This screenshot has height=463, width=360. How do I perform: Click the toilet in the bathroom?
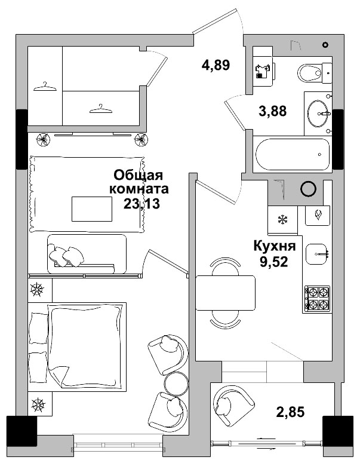coord(315,73)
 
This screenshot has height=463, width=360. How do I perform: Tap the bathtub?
coord(293,155)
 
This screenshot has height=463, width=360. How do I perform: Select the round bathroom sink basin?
coord(318,113)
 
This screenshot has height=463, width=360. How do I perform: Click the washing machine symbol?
coord(262,72)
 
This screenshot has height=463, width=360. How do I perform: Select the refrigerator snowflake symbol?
coord(283,220)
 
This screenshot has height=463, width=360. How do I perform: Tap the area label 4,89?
coord(216,65)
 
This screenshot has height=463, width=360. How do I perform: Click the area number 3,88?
coord(273,111)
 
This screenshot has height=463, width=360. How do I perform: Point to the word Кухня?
coord(275,246)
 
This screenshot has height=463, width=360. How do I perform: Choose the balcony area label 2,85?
coord(290,412)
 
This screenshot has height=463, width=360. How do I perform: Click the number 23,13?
coord(141,204)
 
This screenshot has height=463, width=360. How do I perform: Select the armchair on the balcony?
coord(233,406)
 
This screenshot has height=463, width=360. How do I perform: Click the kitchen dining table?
coord(226,293)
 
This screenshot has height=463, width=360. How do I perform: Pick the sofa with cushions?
coord(87,254)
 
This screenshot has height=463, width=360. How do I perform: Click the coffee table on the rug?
coord(92,209)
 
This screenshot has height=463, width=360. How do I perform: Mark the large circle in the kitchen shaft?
coord(309,188)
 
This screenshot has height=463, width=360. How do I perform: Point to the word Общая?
coord(138,175)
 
